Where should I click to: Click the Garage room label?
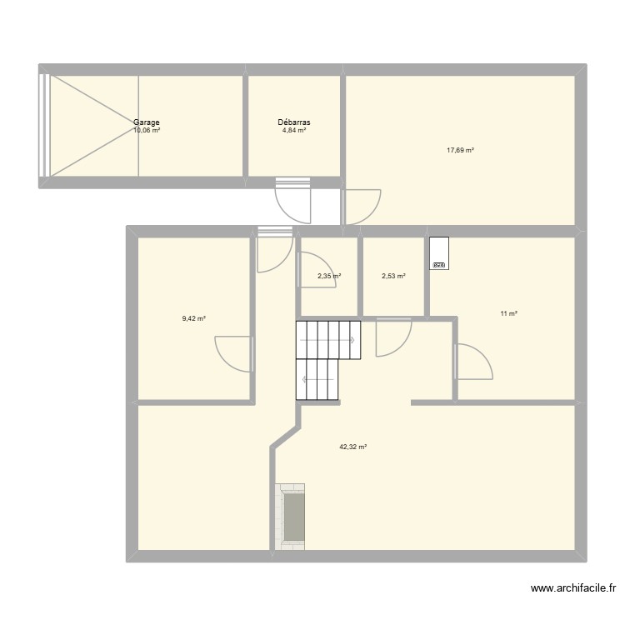coord(147,122)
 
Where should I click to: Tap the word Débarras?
coord(294,122)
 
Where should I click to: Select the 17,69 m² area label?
coord(460,151)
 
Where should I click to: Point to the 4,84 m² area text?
coord(294,131)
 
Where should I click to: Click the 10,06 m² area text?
coord(147,131)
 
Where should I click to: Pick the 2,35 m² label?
coord(329,276)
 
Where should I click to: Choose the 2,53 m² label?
coord(393,276)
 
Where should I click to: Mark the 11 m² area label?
coord(508,313)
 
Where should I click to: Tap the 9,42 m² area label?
coord(193,317)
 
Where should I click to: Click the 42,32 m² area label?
coord(352,447)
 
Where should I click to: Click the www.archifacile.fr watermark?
coord(576,589)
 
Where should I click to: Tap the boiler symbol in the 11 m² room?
coord(438,253)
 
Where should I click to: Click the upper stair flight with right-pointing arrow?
coord(327,339)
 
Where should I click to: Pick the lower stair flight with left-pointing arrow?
coord(317,379)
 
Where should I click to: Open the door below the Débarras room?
coord(292,203)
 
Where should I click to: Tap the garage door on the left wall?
coord(43,125)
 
